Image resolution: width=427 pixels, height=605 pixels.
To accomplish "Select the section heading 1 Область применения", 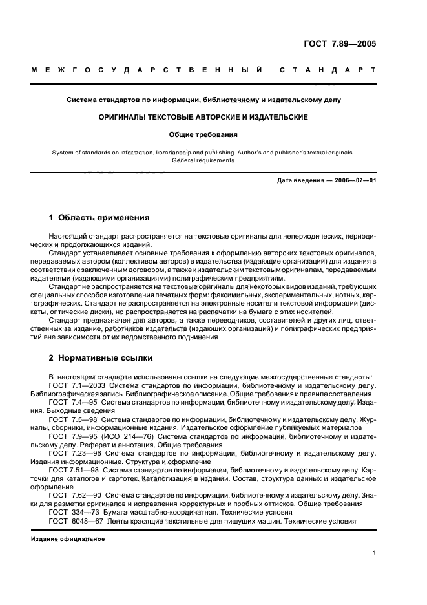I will click(99, 218).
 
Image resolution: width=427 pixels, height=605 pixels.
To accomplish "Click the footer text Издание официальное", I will click(68, 539).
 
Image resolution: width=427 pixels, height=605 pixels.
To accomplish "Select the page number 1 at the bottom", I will click(374, 553).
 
